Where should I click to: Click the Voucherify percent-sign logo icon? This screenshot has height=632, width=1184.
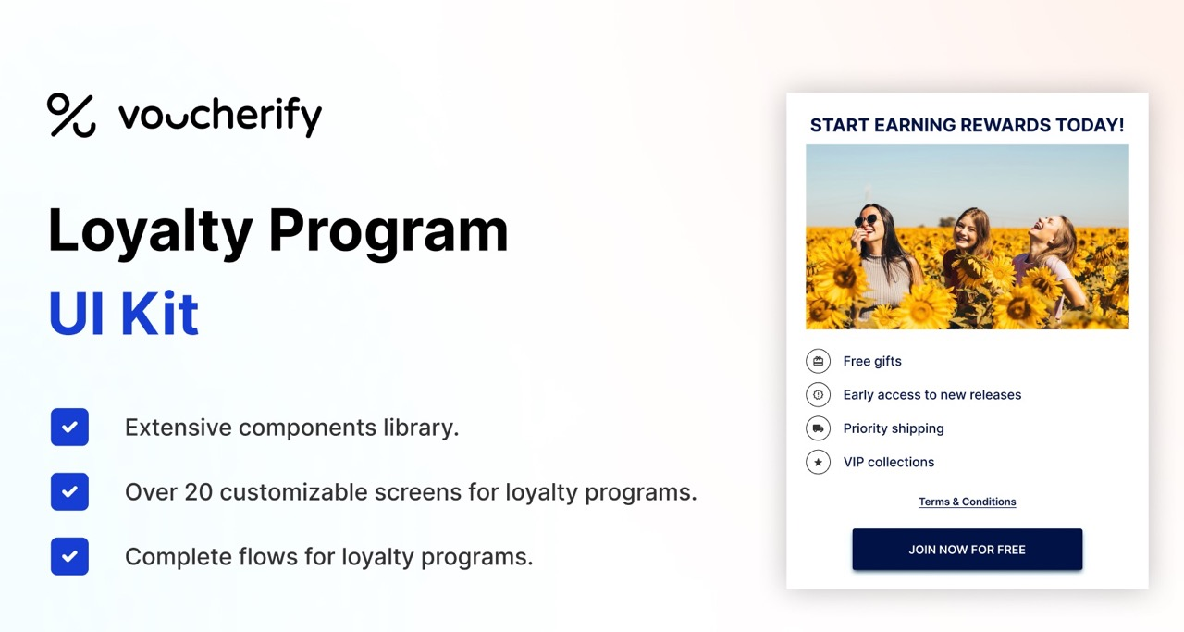pos(71,116)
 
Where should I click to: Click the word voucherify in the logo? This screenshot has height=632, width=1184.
pos(220,117)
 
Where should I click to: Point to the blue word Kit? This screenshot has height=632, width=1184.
pos(159,313)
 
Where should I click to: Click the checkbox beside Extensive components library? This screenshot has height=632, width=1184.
pos(69,428)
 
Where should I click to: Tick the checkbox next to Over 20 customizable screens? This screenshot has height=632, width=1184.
pos(69,492)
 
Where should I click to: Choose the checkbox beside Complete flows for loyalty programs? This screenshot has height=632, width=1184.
pos(69,557)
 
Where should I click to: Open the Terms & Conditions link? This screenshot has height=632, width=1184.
pos(967,502)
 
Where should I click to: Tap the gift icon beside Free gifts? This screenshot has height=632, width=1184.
pos(818,361)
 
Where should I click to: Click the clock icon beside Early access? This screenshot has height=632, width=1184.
pos(818,395)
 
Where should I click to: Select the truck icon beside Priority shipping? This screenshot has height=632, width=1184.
pos(818,428)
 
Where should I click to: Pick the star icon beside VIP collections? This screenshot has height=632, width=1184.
pos(818,462)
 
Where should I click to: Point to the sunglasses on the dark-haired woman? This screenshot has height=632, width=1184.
pos(868,220)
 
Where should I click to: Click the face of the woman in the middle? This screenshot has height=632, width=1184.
pos(967,229)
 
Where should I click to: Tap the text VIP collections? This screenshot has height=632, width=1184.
pos(889,462)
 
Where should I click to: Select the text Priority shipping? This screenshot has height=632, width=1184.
pos(894,428)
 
